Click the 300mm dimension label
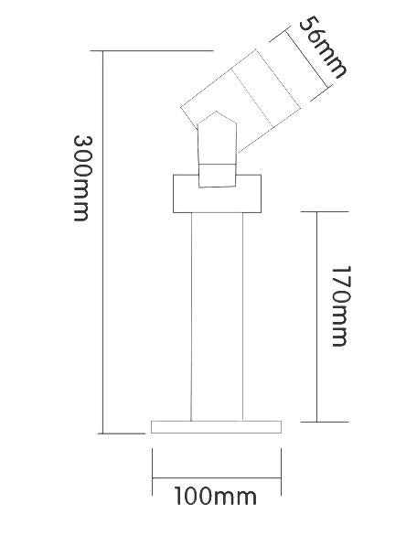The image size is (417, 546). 81,178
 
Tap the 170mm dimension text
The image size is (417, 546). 339,306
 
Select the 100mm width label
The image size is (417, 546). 216,496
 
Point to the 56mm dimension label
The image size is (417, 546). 322,48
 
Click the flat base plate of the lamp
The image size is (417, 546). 216,427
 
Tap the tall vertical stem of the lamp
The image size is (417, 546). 217,316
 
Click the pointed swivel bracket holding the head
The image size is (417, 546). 218,150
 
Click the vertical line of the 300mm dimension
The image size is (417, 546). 103,242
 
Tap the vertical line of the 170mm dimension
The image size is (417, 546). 316,316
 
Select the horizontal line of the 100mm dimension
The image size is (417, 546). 217,478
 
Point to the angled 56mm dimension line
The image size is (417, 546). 306,59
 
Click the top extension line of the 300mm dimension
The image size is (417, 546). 152,51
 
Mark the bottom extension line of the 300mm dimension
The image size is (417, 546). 122,434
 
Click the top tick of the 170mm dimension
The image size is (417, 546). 325,211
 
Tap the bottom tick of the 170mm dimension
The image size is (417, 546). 325,422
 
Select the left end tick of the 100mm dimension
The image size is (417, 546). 153,472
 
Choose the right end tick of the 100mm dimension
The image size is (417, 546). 281,472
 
